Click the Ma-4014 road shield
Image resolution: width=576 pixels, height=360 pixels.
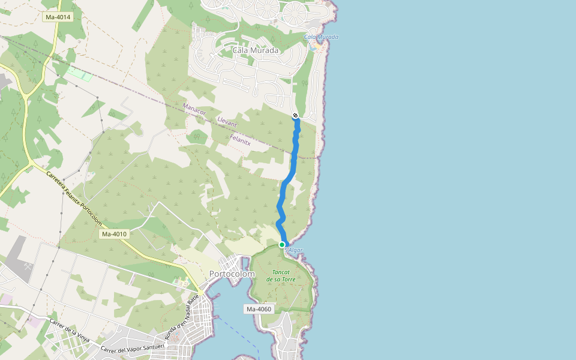pos(58,17)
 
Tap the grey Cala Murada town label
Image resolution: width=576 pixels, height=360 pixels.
pos(256,50)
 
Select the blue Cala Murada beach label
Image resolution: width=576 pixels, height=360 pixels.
pos(322,37)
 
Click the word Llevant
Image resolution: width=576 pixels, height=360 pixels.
pos(227,123)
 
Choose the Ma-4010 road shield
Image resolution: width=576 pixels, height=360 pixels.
pos(114,234)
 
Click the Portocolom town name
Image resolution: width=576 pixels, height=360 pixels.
pos(232,274)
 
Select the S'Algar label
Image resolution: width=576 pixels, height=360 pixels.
pos(294,250)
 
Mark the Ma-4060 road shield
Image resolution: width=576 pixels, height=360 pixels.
pos(259,309)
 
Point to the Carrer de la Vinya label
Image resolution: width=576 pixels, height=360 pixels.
pos(70,331)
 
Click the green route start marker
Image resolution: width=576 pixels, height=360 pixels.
pos(282,244)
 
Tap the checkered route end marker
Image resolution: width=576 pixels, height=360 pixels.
pos(295,115)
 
